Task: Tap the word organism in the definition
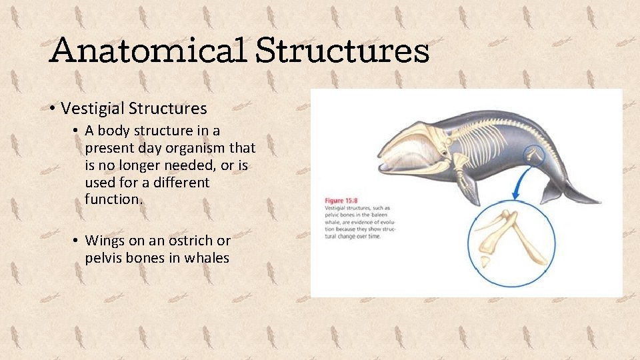point(197,147)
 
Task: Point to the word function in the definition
point(113,199)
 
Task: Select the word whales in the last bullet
point(207,258)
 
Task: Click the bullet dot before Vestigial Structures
point(51,109)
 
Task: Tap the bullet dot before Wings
point(77,241)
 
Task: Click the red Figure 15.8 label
point(343,200)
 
